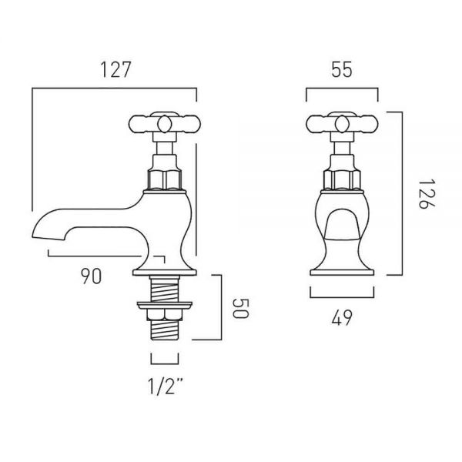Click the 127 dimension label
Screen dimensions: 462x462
(x=115, y=70)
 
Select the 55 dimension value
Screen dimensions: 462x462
(x=342, y=70)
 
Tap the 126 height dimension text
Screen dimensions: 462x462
(x=427, y=193)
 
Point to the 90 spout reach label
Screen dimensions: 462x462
(x=92, y=276)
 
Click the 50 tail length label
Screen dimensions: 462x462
(x=241, y=309)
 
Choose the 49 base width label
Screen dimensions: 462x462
(x=342, y=318)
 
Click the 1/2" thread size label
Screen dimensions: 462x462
(x=166, y=387)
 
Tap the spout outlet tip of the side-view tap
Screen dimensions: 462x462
(x=47, y=237)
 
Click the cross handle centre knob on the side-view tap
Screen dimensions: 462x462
(x=165, y=124)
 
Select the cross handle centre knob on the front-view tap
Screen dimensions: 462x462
(x=342, y=124)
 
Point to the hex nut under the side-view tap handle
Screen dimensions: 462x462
(x=165, y=179)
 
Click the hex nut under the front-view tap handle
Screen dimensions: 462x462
(x=342, y=179)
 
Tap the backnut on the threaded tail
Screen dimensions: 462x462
(x=165, y=314)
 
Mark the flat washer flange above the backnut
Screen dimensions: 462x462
(x=165, y=305)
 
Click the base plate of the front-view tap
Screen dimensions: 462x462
(x=342, y=273)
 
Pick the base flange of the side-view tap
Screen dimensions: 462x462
(x=165, y=273)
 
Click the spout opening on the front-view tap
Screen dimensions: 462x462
(x=342, y=223)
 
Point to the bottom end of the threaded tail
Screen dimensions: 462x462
(x=165, y=340)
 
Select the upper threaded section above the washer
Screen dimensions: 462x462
(x=165, y=289)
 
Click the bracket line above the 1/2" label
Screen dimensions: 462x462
(x=165, y=363)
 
